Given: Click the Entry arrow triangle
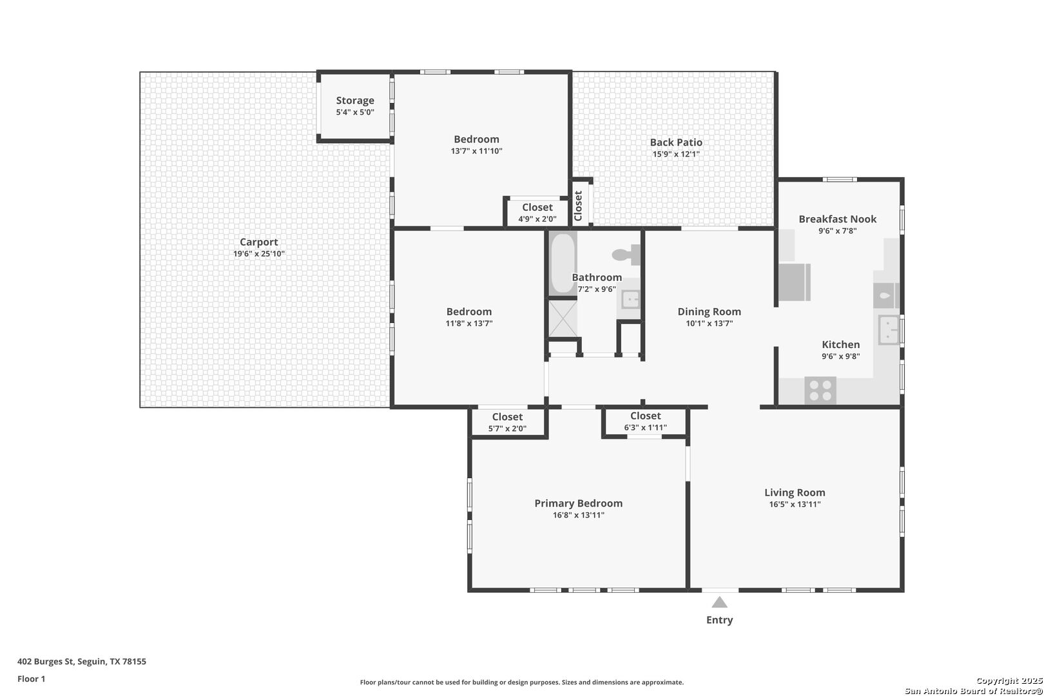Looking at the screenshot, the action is coord(719,603).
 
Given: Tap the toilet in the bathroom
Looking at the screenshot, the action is coord(626,255).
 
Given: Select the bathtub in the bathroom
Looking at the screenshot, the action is coord(563,264).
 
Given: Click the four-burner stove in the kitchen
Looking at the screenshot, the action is coord(820,391).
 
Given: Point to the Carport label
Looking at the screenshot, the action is coord(258,242).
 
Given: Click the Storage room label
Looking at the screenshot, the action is coord(355,101).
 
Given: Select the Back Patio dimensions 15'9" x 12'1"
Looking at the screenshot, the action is coord(676,154).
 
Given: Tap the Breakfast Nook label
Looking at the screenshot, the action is coord(838,218).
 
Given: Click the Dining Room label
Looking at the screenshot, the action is coord(709,311).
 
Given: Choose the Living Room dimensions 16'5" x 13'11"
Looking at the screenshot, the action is coord(795,504).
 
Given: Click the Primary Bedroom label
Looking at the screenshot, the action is coord(579,503).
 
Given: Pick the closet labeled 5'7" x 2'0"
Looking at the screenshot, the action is coord(507,422).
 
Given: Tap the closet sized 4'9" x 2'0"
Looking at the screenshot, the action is coord(537,213).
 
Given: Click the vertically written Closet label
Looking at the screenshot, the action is coord(578,206).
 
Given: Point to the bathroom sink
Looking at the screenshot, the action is coord(631,299).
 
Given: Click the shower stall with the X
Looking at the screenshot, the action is coord(563,318).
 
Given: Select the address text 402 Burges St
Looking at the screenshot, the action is coord(46,661).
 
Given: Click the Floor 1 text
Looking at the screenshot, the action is coord(31,679).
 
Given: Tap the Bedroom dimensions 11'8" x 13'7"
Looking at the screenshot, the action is coord(469,324).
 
